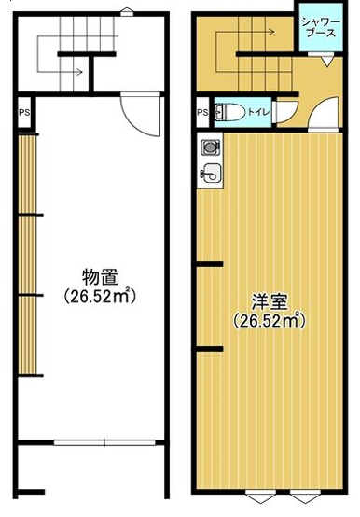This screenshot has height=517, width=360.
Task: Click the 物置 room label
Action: click(100, 277)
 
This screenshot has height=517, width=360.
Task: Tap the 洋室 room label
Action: click(270, 301)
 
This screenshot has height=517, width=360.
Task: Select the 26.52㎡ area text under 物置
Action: click(100, 297)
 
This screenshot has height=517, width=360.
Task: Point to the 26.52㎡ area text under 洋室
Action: click(270, 320)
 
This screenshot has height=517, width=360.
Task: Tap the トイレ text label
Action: click(258, 112)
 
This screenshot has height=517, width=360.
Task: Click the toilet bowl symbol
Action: click(229, 112)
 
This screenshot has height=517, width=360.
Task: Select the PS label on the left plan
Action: click(24, 112)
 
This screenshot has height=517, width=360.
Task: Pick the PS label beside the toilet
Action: click(203, 112)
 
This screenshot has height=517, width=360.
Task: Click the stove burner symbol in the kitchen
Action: click(210, 147)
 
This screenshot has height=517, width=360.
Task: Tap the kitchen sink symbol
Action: click(211, 173)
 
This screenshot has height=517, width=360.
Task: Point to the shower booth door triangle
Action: click(326, 61)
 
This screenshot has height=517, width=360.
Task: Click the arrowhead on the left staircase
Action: click(79, 71)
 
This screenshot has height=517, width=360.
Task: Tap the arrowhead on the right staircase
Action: click(271, 32)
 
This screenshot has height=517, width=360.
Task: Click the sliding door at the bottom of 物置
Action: click(104, 443)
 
